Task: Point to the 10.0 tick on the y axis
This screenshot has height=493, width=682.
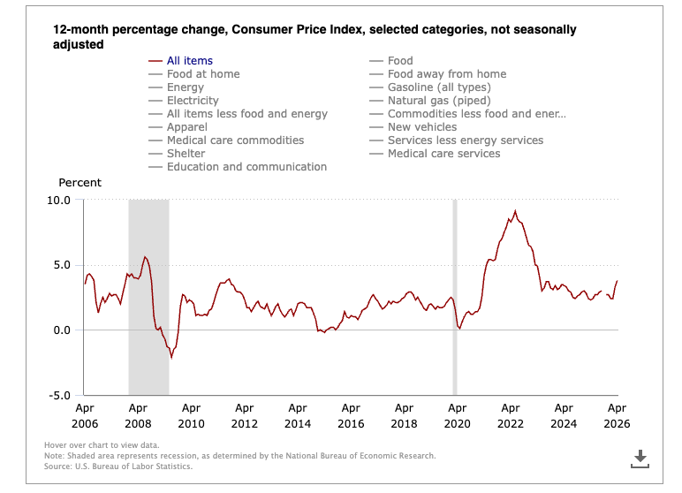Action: click(x=58, y=201)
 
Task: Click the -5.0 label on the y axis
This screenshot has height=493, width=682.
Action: click(x=59, y=396)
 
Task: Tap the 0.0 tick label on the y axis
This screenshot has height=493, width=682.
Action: click(x=62, y=330)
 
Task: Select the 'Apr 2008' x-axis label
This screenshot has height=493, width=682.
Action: click(x=138, y=415)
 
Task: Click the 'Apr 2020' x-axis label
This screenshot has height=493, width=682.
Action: click(x=457, y=415)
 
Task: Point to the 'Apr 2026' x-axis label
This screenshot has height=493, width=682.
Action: click(x=617, y=415)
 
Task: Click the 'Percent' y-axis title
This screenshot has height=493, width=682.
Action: click(x=80, y=183)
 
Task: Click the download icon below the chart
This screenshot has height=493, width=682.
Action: click(x=640, y=459)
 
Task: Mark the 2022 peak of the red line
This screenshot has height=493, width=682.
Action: click(x=515, y=211)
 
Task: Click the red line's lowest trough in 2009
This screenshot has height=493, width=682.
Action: click(x=171, y=358)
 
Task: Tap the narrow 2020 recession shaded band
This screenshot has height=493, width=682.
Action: click(x=455, y=297)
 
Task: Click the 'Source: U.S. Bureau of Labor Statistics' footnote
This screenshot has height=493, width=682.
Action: click(x=117, y=466)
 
